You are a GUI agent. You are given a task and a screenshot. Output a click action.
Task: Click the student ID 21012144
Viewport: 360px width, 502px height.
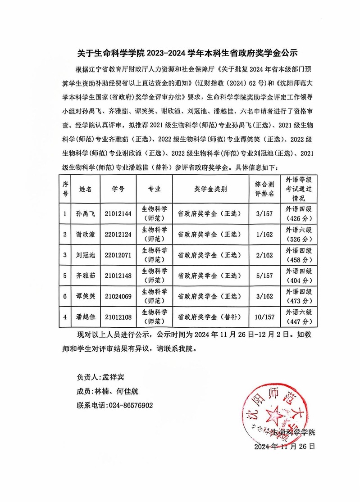click(118, 214)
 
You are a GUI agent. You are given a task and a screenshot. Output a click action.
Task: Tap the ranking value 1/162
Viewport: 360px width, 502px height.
click(264, 235)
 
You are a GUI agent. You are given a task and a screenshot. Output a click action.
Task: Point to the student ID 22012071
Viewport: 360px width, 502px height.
click(118, 255)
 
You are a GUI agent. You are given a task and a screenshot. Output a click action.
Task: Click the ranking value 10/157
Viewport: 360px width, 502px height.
click(264, 317)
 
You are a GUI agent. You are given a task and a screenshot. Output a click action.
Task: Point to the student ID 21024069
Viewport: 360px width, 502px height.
click(118, 296)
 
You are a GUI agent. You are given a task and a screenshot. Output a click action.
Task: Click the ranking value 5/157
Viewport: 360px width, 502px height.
click(264, 276)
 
